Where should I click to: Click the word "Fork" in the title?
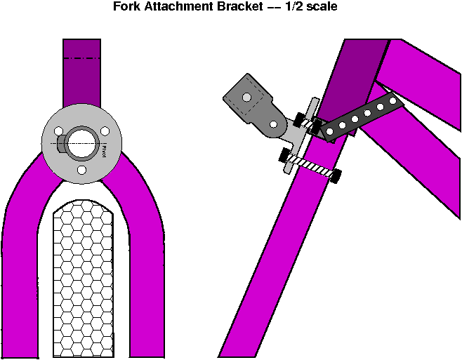pyautogui.click(x=127, y=8)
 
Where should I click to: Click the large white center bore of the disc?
pyautogui.click(x=81, y=142)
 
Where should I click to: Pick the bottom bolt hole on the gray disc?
pyautogui.click(x=81, y=170)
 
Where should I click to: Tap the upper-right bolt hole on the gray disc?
pyautogui.click(x=105, y=129)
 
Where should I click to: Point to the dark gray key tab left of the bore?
pyautogui.click(x=61, y=143)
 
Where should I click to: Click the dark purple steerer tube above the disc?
pyautogui.click(x=81, y=77)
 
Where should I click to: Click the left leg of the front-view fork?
pyautogui.click(x=21, y=267)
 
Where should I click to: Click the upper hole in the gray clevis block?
pyautogui.click(x=246, y=97)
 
